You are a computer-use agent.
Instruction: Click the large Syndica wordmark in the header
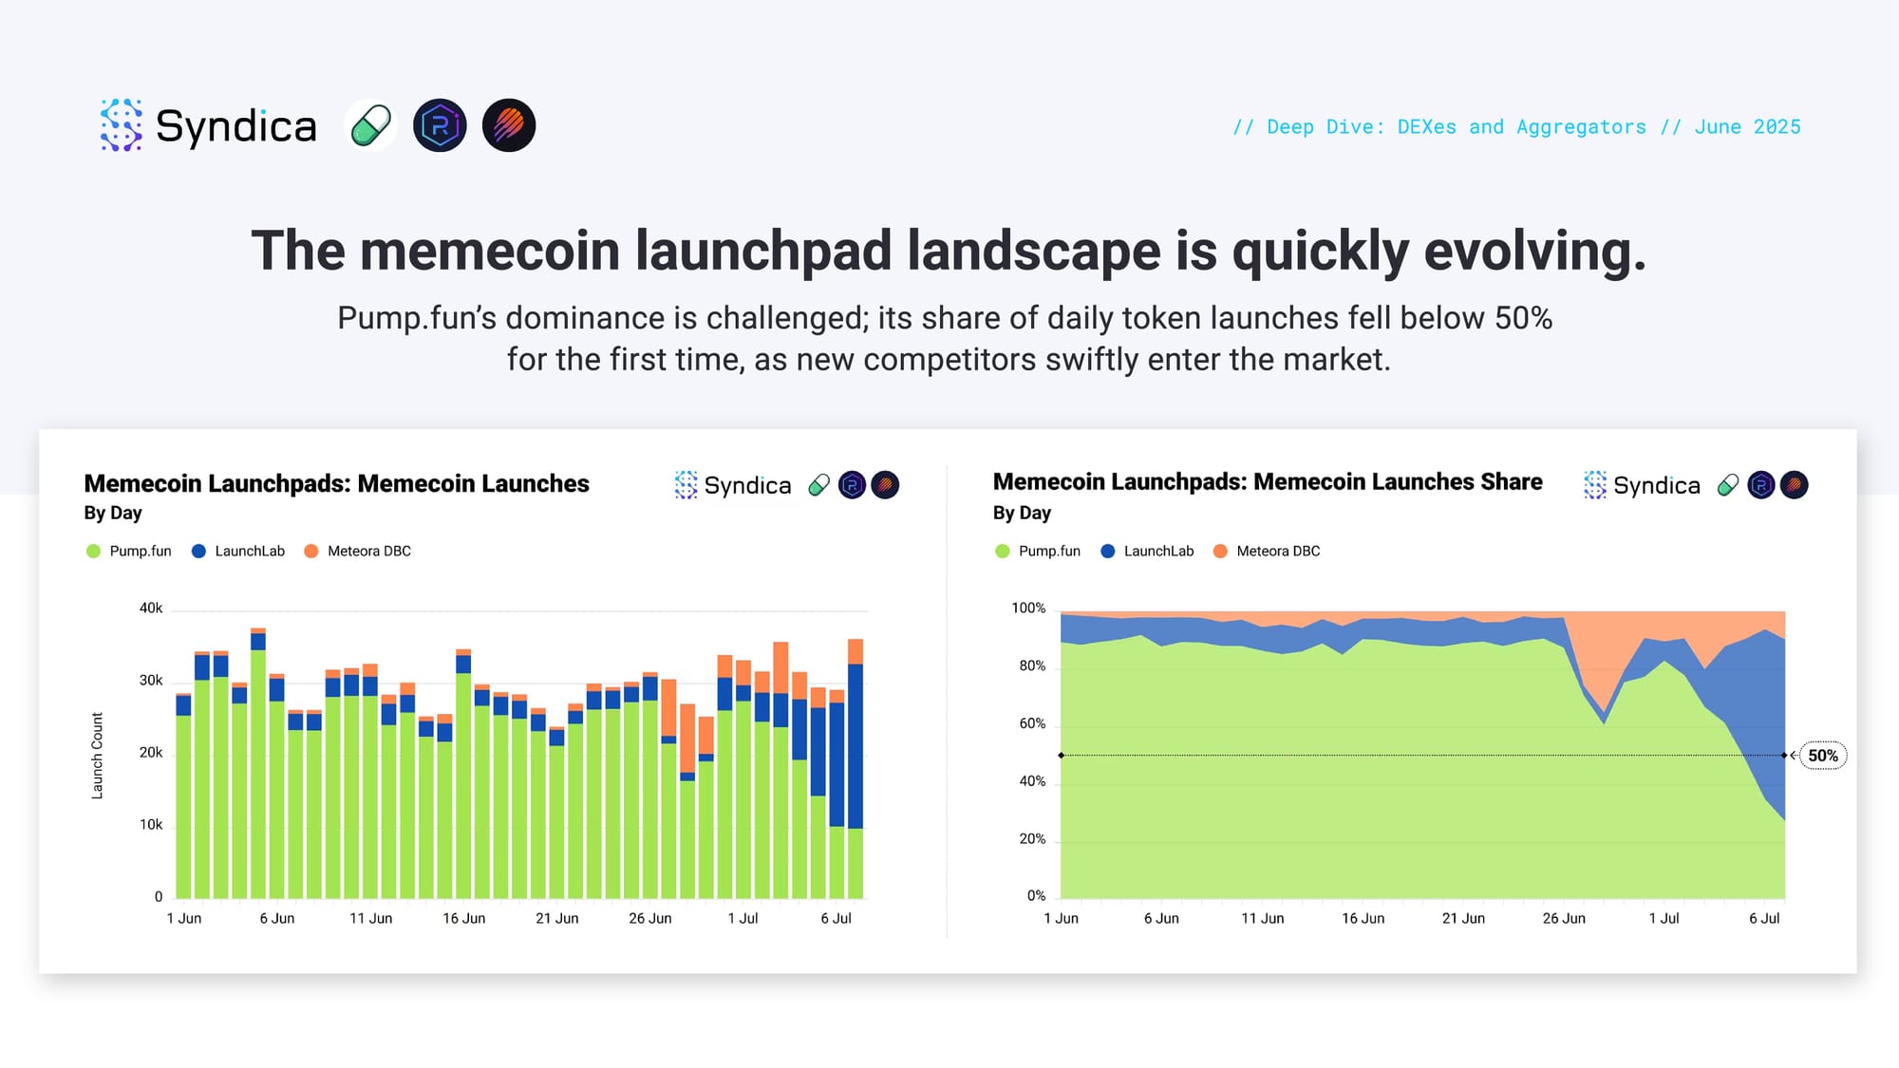point(235,126)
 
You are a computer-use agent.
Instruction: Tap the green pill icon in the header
point(370,125)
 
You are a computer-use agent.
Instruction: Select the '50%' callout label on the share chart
point(1823,756)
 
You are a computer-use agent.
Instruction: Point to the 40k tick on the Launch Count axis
point(151,609)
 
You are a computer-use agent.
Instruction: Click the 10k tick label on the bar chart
point(151,825)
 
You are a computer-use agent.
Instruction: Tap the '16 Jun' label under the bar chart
point(463,919)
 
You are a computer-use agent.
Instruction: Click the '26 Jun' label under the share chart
point(1564,919)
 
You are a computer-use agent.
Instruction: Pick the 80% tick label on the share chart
point(1032,666)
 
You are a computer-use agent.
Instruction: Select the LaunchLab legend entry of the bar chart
point(238,552)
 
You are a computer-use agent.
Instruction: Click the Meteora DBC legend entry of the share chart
point(1267,552)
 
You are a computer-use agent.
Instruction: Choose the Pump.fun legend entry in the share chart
point(1038,552)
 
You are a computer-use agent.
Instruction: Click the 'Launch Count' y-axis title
point(97,756)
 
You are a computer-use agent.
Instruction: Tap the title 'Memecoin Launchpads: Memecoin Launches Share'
point(1268,482)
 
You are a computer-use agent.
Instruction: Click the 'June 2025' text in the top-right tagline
point(1747,127)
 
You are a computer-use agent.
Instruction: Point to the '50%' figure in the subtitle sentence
point(1523,318)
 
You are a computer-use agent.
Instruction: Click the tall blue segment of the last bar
point(855,746)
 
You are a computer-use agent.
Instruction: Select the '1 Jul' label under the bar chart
point(743,919)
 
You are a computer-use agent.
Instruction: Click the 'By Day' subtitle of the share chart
point(1022,514)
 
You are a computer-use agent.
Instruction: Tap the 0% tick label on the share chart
point(1036,896)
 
